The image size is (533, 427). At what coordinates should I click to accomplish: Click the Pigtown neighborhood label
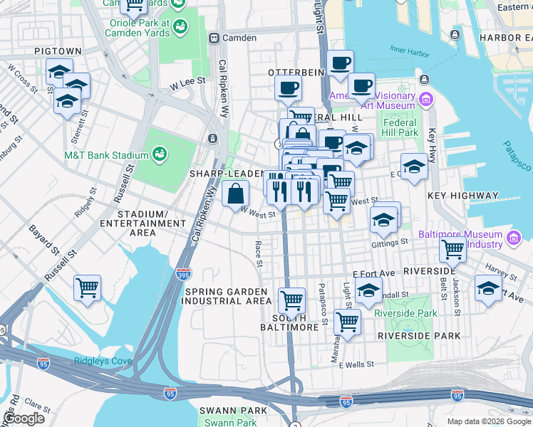pyautogui.click(x=58, y=52)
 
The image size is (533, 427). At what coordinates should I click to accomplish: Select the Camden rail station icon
pyautogui.click(x=212, y=37)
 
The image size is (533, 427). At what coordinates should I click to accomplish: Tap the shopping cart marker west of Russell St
pyautogui.click(x=88, y=288)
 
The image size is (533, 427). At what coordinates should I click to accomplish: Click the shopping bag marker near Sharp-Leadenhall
pyautogui.click(x=235, y=193)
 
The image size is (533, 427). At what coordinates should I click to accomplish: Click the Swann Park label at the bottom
pyautogui.click(x=223, y=411)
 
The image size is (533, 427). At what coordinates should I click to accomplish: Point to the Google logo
pyautogui.click(x=24, y=418)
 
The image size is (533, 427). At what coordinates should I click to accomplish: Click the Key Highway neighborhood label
pyautogui.click(x=462, y=196)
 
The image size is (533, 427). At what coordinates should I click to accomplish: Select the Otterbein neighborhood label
pyautogui.click(x=296, y=73)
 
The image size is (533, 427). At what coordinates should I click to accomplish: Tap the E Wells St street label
pyautogui.click(x=356, y=365)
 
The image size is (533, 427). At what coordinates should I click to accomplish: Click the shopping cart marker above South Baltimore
pyautogui.click(x=291, y=300)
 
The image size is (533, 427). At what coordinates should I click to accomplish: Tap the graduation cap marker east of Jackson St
pyautogui.click(x=488, y=289)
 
